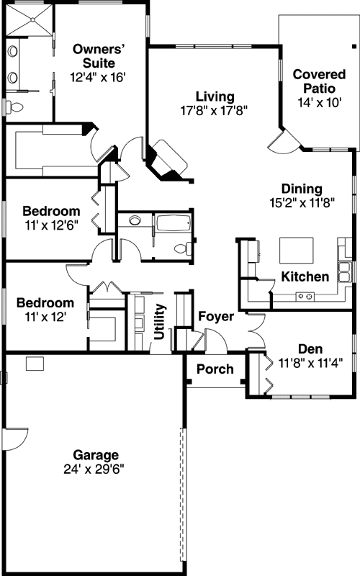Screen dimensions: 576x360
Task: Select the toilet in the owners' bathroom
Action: (x=14, y=107)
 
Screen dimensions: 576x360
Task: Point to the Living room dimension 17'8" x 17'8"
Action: (x=215, y=111)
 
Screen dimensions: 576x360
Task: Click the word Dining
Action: (x=301, y=189)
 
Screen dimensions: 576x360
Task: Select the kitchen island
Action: (x=298, y=251)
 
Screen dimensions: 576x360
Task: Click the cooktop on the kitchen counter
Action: (x=305, y=294)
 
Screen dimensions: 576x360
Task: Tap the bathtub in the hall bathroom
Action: (x=174, y=223)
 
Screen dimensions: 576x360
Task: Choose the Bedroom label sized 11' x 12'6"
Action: (x=50, y=212)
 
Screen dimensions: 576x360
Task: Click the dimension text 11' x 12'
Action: (x=45, y=316)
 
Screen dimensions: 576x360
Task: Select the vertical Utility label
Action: (x=160, y=321)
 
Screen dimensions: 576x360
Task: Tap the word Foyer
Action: (x=215, y=316)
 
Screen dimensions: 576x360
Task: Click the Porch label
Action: (x=215, y=369)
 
